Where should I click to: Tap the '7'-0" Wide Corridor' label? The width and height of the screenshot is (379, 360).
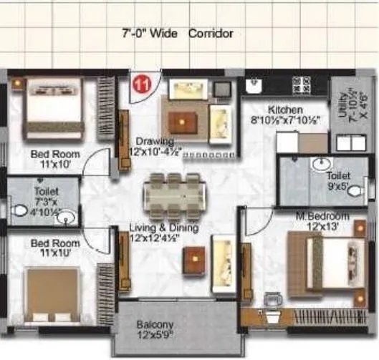pyautogui.click(x=178, y=34)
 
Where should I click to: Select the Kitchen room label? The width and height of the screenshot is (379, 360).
pyautogui.click(x=285, y=110)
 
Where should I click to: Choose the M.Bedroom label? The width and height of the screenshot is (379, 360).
pyautogui.click(x=322, y=216)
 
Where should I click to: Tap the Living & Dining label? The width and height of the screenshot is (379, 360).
pyautogui.click(x=163, y=228)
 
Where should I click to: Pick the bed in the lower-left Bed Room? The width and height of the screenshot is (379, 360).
pyautogui.click(x=52, y=293)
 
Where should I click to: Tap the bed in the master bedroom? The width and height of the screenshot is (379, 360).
pyautogui.click(x=327, y=261)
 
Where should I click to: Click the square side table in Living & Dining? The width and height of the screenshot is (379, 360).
pyautogui.click(x=194, y=261)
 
